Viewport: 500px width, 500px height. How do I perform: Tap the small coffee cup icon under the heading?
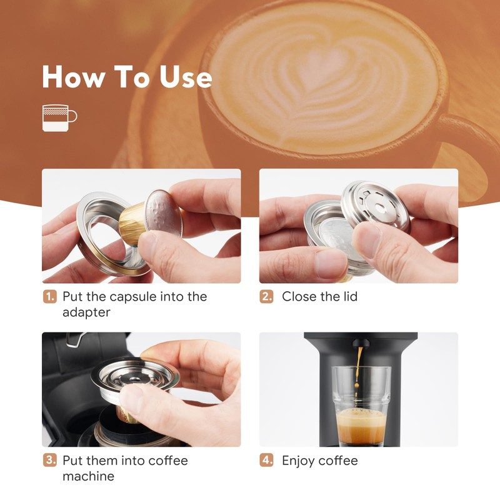click(58, 117)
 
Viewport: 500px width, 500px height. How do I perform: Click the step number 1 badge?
click(49, 296)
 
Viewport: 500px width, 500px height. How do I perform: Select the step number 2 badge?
click(267, 296)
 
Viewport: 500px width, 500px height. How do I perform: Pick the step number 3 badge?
click(49, 461)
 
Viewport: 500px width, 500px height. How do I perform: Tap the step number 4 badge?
click(267, 461)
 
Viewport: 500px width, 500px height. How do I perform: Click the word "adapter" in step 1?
click(87, 312)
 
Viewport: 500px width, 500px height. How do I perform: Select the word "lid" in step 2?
click(348, 296)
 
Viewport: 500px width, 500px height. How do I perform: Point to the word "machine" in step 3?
click(88, 476)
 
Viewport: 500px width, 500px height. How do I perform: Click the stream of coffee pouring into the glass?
click(359, 375)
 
